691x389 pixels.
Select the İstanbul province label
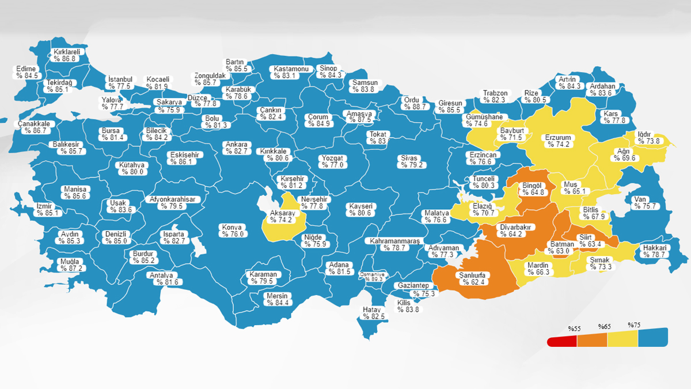click(x=120, y=80)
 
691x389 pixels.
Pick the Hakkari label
click(x=655, y=248)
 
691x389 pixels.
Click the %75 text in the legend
click(x=634, y=325)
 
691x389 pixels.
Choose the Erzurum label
click(x=558, y=138)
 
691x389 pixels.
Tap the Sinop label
click(x=329, y=68)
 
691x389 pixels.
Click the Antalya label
click(x=162, y=275)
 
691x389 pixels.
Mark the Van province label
click(x=640, y=199)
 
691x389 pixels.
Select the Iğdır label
click(x=644, y=134)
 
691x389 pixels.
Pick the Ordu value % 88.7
click(x=415, y=107)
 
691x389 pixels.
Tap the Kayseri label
click(x=360, y=206)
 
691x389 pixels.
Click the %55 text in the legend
click(x=574, y=328)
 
